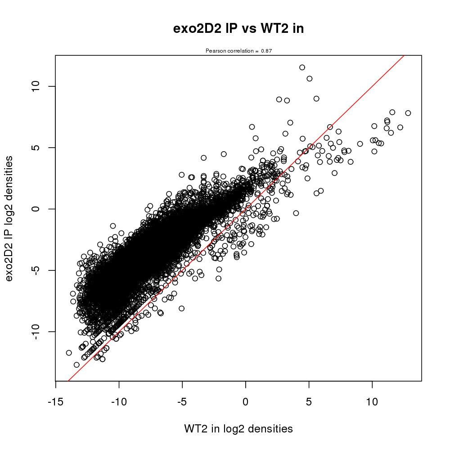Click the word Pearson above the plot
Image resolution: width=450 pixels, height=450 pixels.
point(216,51)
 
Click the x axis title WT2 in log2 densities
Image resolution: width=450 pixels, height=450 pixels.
point(238,429)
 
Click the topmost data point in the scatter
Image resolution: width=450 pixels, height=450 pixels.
point(302,67)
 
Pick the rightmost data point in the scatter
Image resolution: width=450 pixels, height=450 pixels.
point(408,113)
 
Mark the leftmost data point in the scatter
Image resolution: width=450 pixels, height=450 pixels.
point(69,353)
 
